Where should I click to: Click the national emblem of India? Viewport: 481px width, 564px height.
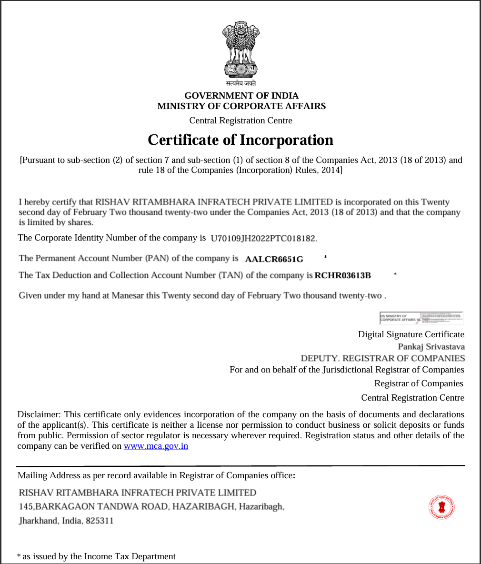click(240, 50)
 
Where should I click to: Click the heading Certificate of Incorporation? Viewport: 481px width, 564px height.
click(240, 140)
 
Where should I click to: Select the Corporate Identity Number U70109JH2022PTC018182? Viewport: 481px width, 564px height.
click(263, 238)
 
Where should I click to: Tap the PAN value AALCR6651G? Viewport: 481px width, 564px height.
click(274, 259)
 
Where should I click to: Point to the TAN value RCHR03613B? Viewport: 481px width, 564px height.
click(342, 275)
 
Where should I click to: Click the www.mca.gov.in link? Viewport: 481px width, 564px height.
click(156, 446)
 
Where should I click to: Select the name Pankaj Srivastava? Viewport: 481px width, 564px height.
click(431, 347)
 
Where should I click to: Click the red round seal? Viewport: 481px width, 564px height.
click(442, 506)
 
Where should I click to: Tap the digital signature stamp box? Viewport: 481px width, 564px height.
click(421, 318)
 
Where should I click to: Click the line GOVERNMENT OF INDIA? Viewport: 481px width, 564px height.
click(241, 96)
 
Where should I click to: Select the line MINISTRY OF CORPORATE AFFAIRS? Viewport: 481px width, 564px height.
click(241, 106)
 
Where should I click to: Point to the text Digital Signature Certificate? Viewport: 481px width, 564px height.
click(411, 334)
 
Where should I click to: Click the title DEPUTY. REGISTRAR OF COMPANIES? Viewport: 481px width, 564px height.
click(382, 358)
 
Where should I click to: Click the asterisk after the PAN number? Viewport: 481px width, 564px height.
click(325, 257)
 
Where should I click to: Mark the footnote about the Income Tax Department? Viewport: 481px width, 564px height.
click(96, 556)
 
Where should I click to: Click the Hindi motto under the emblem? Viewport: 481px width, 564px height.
click(241, 83)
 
